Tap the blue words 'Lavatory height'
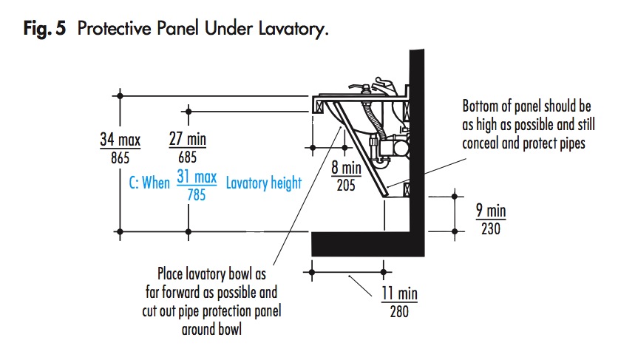[264, 183]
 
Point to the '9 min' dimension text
[491, 212]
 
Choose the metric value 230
[491, 229]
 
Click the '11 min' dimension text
[399, 293]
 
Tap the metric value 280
[399, 310]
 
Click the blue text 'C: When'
[149, 183]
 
